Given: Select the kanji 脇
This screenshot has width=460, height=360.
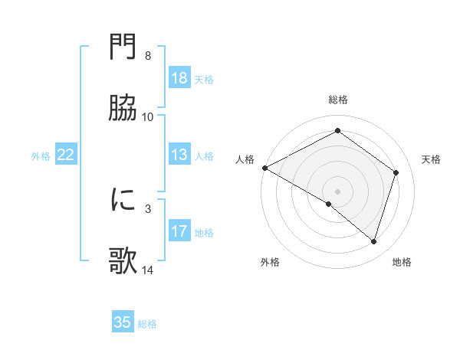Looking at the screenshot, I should (x=123, y=109).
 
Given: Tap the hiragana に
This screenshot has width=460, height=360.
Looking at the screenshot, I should (x=123, y=200).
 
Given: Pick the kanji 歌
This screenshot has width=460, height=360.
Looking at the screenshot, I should (x=123, y=261).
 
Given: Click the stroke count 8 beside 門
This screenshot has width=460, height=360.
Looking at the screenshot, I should (x=148, y=56).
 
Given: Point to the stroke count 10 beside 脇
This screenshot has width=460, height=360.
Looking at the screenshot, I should (x=148, y=117).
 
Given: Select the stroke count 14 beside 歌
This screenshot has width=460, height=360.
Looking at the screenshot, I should (x=148, y=270).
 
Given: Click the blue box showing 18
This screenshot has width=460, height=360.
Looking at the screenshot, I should (x=179, y=78).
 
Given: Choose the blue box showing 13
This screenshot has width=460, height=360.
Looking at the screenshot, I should (x=179, y=155).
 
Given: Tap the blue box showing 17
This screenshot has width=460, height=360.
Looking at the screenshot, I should (x=179, y=231).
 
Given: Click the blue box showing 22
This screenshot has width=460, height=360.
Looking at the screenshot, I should (x=66, y=155).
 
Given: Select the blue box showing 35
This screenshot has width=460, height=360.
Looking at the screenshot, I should (x=123, y=322).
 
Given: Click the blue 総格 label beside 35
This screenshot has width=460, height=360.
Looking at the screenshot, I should (x=147, y=324).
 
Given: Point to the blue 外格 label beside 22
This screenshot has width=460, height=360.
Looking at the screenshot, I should (x=41, y=156).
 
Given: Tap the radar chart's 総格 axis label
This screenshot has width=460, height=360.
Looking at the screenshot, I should (x=338, y=100).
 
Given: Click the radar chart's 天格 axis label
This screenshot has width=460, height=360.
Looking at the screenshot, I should (x=432, y=159).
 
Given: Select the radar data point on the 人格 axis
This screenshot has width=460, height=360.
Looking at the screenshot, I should (x=264, y=168).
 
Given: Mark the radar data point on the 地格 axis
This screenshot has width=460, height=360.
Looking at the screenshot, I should (x=374, y=242).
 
